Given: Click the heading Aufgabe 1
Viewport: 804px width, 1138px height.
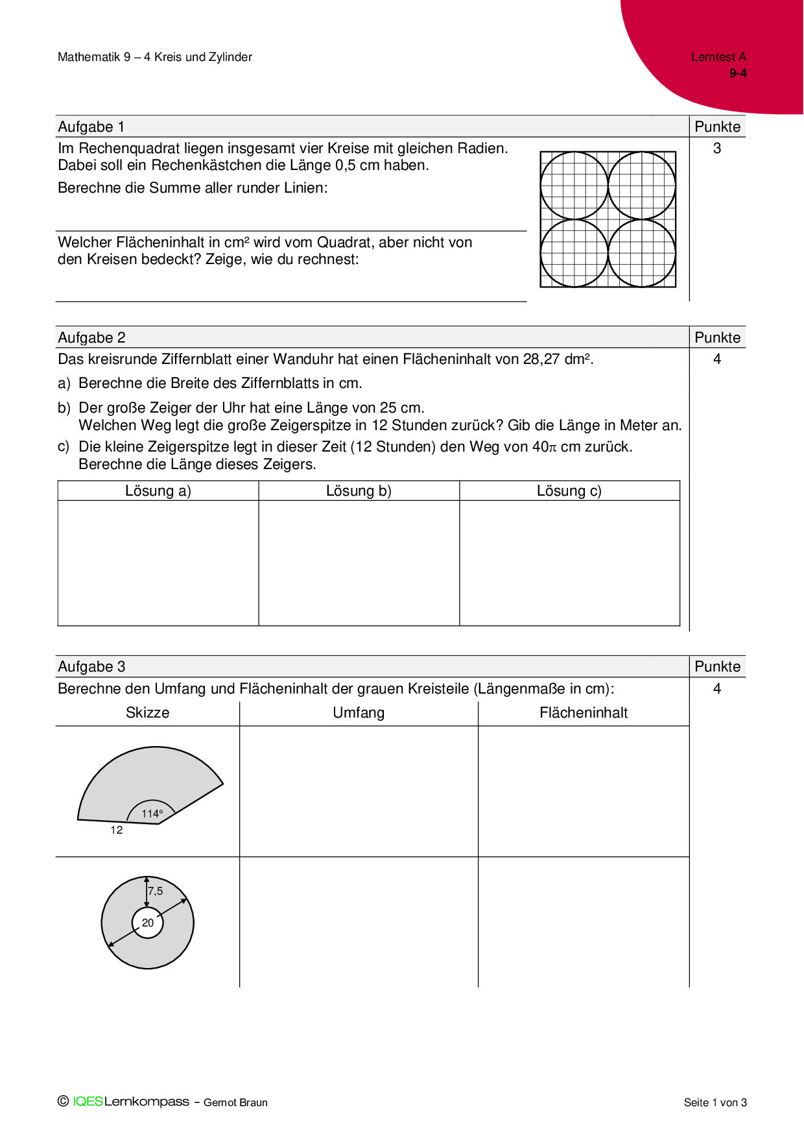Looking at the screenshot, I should click(x=91, y=127).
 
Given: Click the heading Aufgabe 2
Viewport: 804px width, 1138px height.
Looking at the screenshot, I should click(x=91, y=338).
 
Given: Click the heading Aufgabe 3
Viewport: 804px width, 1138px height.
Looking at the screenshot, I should click(x=91, y=667).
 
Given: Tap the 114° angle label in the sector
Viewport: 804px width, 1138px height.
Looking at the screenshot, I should click(x=152, y=814).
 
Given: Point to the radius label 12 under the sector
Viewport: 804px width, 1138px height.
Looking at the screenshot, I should click(x=117, y=830).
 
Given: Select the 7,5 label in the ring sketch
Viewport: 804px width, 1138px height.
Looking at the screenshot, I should click(x=156, y=891).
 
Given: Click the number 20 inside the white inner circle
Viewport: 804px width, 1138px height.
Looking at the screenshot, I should click(x=148, y=923).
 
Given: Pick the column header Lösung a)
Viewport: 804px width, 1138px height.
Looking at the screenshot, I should click(x=158, y=491).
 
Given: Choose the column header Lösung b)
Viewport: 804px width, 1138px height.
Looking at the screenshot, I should click(x=359, y=491).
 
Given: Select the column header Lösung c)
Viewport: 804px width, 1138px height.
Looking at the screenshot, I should click(x=569, y=491).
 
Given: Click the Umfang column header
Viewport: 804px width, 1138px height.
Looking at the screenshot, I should click(x=359, y=713).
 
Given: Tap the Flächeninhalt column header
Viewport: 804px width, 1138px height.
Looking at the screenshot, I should click(x=584, y=713).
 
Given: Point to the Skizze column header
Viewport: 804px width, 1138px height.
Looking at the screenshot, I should click(x=148, y=713).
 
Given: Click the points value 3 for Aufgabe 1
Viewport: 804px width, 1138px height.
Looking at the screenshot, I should click(x=717, y=149).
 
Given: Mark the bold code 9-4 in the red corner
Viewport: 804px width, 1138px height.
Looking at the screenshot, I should click(x=738, y=73).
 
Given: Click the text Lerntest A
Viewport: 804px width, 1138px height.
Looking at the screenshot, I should click(x=718, y=57).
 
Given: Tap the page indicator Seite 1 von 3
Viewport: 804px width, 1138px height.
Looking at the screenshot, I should click(x=715, y=1103).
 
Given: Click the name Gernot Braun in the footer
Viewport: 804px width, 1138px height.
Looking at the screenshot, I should click(x=235, y=1103).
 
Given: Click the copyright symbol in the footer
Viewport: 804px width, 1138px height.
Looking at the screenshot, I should click(x=63, y=1102).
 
